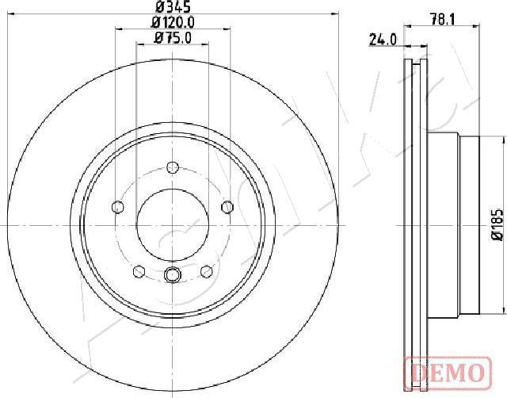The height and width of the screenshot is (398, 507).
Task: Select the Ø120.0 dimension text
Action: click(x=173, y=24)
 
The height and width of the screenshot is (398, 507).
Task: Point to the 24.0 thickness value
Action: click(x=382, y=40)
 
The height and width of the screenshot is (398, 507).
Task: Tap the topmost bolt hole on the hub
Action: click(x=173, y=167)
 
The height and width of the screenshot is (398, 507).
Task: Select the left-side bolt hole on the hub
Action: click(x=119, y=207)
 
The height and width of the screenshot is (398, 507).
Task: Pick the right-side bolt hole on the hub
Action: click(x=227, y=207)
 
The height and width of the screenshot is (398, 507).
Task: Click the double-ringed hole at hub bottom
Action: click(x=173, y=275)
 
